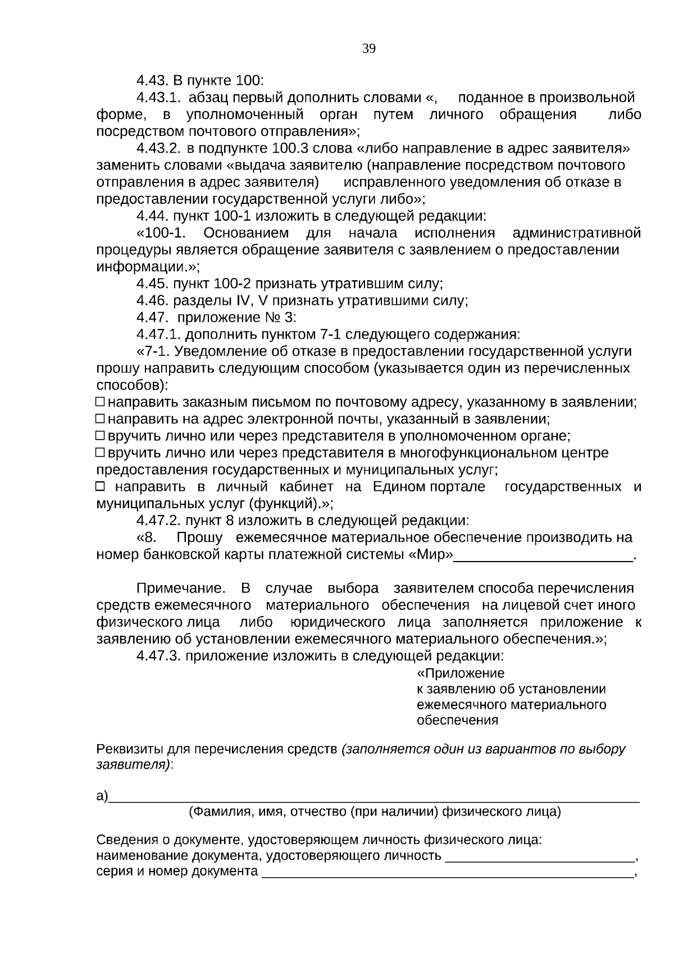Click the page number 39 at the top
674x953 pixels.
(368, 49)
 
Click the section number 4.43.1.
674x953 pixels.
(158, 98)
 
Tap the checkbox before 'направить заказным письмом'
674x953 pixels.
(100, 402)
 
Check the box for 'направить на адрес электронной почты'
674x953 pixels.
(100, 419)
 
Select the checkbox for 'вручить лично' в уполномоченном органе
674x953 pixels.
(100, 436)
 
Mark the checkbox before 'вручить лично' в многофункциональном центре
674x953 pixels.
(100, 453)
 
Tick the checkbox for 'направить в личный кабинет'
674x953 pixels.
(100, 486)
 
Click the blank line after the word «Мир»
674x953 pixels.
(543, 556)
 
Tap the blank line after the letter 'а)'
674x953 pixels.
(374, 797)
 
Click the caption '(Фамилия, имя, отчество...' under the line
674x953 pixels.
(375, 811)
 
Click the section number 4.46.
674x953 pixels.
(152, 300)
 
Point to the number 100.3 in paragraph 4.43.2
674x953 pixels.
(290, 149)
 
